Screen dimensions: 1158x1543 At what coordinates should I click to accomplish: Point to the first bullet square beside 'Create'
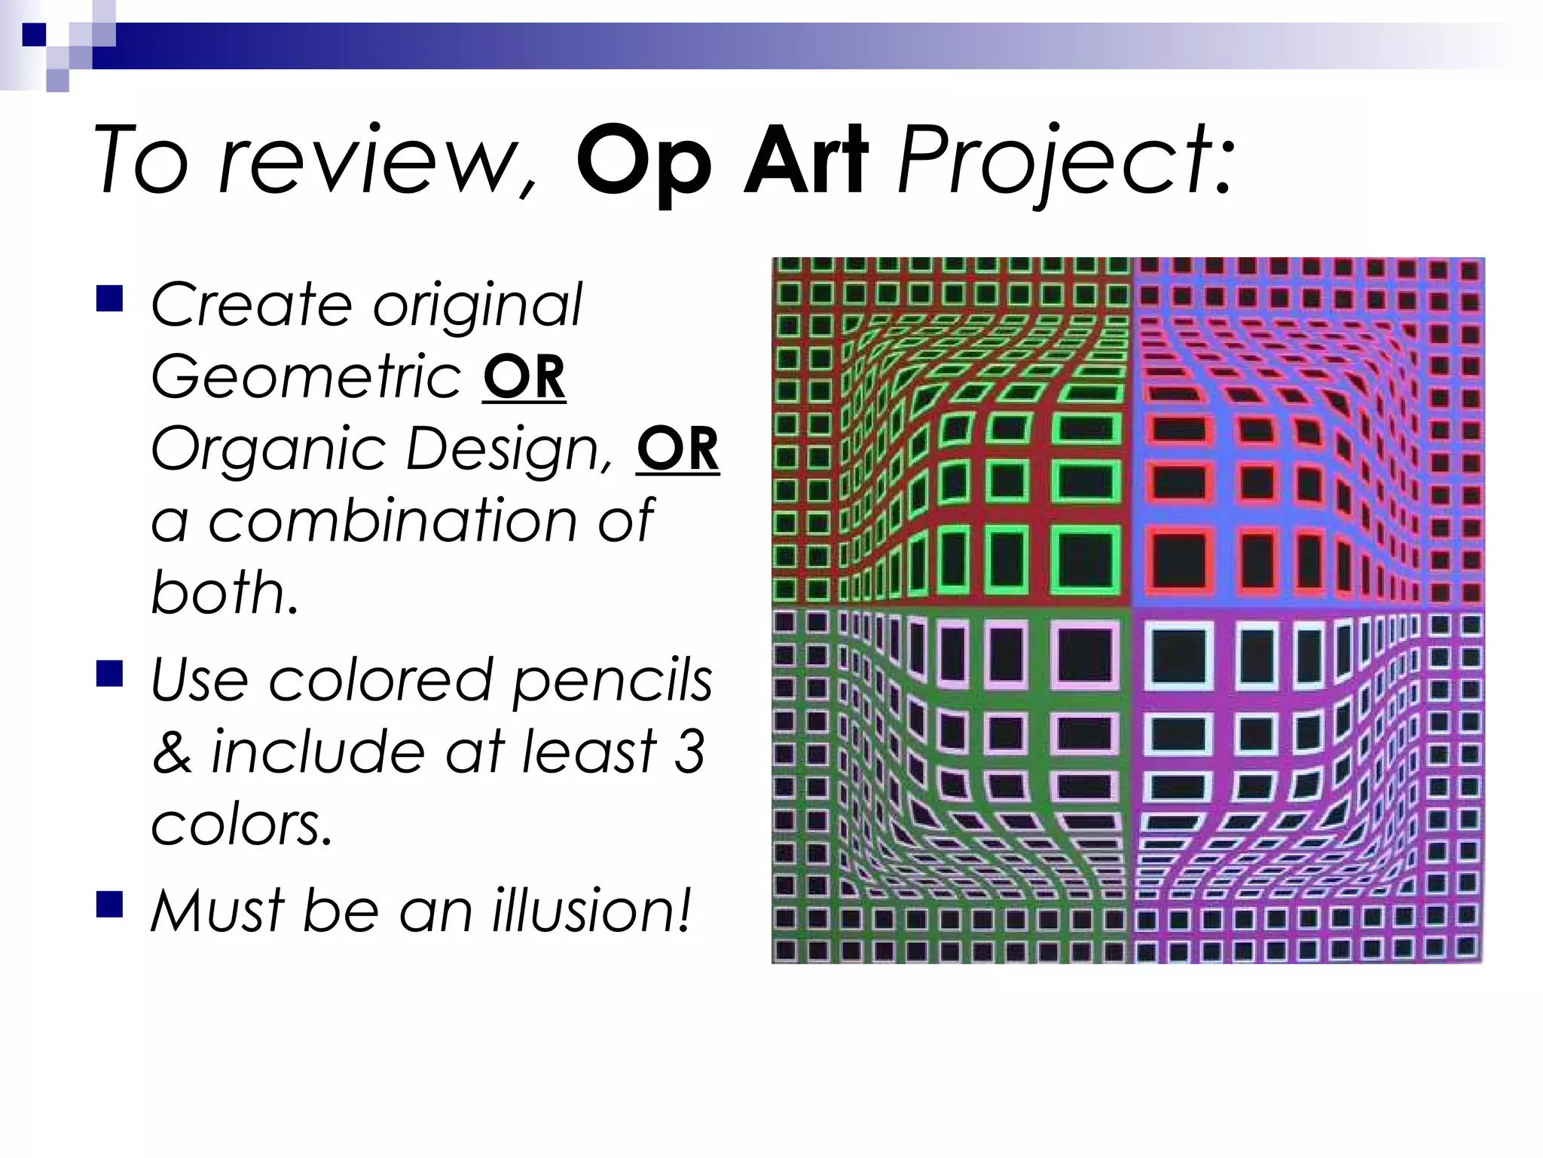tap(110, 299)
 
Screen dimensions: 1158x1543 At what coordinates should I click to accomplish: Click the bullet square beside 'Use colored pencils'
tap(110, 674)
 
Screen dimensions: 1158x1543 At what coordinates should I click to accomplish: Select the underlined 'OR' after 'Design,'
tap(677, 449)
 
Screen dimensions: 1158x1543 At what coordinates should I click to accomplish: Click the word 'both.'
tap(225, 592)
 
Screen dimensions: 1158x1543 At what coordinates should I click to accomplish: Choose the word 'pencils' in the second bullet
tap(611, 681)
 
